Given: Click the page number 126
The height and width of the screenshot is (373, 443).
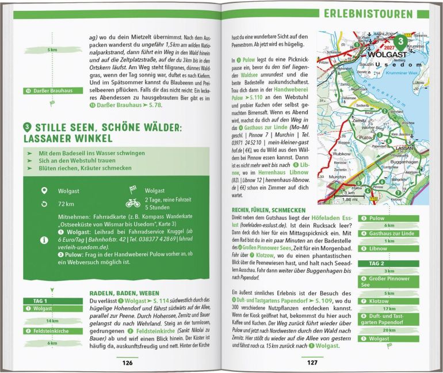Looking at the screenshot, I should (x=127, y=363).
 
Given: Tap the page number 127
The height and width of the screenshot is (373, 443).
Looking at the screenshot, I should (x=312, y=363).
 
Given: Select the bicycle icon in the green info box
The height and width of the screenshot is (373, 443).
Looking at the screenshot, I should (x=132, y=219).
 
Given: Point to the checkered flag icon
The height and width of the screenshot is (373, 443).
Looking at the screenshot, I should (x=132, y=205).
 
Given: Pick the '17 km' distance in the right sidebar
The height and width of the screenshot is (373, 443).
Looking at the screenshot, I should (x=374, y=308).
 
